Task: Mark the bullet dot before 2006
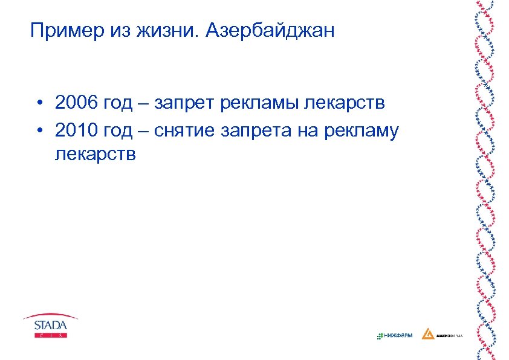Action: pyautogui.click(x=37, y=103)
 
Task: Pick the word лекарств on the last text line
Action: pyautogui.click(x=95, y=154)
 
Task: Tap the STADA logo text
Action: pyautogui.click(x=51, y=324)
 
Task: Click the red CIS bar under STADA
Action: pyautogui.click(x=51, y=334)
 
